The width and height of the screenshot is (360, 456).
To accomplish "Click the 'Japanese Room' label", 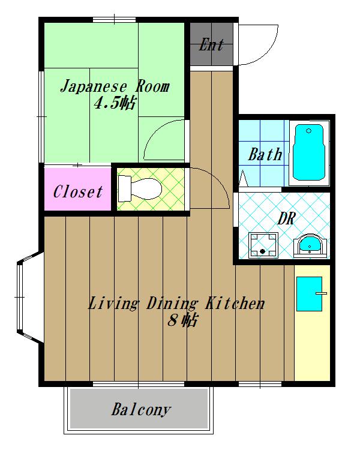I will click(114, 87).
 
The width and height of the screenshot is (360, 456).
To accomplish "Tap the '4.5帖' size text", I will click(114, 103).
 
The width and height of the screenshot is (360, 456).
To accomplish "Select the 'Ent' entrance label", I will click(211, 45).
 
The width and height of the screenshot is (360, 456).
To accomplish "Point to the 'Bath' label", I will click(265, 155).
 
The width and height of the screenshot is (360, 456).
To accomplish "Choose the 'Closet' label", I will click(77, 192).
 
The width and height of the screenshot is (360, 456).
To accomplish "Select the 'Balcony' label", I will click(141, 410).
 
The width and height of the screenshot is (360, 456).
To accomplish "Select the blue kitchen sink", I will click(309, 294).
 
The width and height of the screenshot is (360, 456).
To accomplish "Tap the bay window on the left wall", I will click(27, 297).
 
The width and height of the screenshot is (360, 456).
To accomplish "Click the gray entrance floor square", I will click(211, 45).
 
